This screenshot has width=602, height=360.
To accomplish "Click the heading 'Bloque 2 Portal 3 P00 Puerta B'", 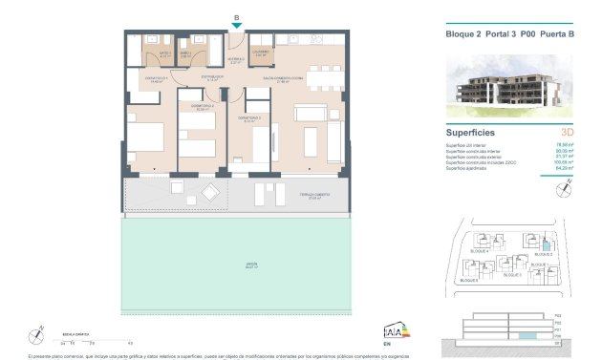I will pyautogui.click(x=510, y=35).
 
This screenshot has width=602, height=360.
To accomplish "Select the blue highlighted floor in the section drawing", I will pyautogui.click(x=528, y=336).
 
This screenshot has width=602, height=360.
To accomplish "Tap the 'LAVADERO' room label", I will pyautogui.click(x=261, y=53).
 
